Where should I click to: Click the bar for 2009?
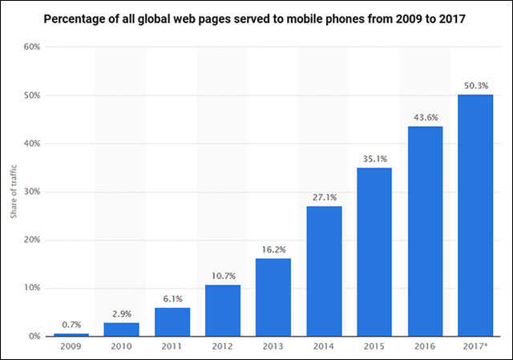coord(71,334)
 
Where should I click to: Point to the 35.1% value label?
coord(374,159)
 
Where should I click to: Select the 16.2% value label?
coord(273,250)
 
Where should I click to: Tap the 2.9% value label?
coord(122,314)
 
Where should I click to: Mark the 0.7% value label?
coord(71,325)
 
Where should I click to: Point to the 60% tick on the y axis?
coord(31,47)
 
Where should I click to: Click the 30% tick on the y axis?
coord(31,192)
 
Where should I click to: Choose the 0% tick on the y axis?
coord(34,336)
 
